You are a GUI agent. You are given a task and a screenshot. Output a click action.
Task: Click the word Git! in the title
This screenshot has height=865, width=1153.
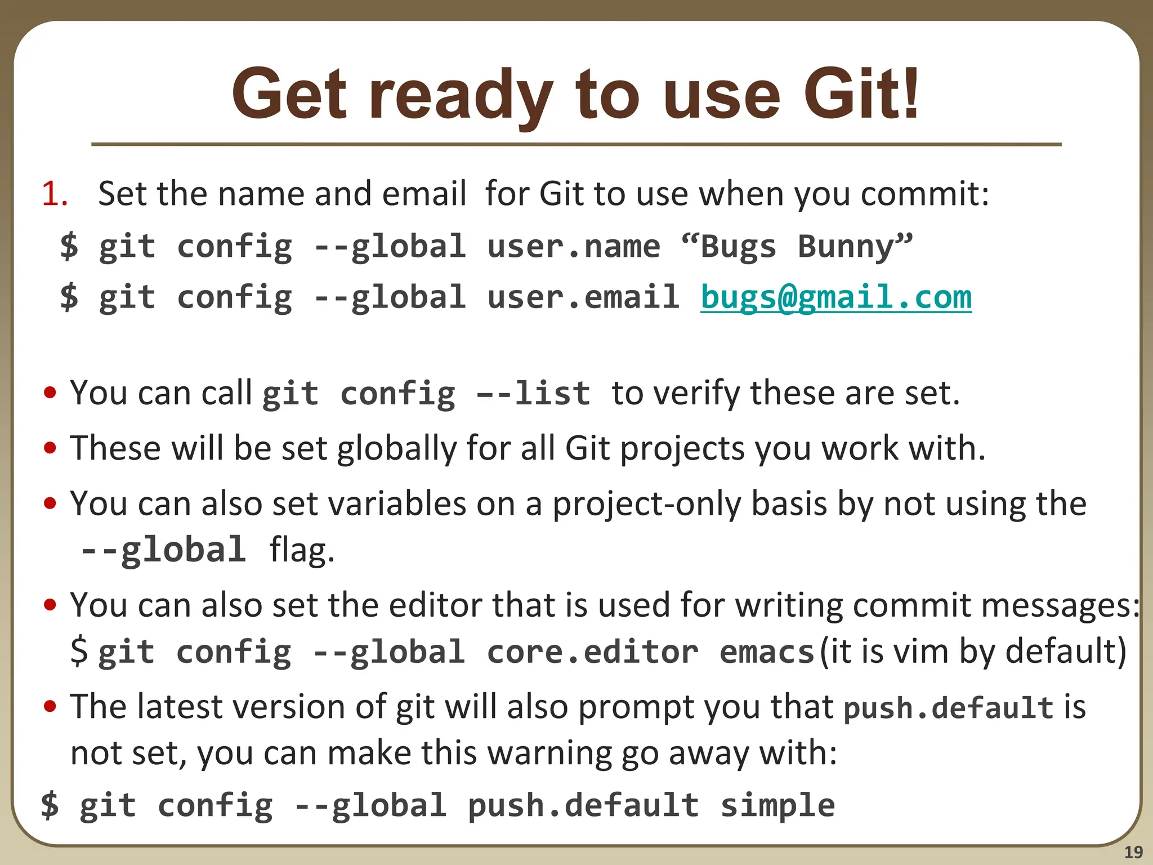coord(861,95)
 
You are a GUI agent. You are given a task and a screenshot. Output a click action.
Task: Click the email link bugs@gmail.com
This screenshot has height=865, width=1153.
coord(836,297)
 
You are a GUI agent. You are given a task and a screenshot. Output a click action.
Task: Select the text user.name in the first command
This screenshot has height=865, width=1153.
coord(573,247)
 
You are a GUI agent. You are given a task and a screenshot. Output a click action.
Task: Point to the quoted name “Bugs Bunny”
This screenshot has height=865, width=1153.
coord(797,247)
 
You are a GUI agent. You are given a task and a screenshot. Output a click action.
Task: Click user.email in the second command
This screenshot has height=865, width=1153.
coord(583,297)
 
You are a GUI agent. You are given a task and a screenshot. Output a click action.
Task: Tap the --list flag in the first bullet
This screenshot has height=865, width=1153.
coord(534,393)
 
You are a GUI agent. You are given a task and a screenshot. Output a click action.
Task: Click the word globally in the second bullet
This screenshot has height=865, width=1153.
coord(397,449)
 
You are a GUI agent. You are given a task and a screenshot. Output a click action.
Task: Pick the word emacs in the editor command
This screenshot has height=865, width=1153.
coord(767,652)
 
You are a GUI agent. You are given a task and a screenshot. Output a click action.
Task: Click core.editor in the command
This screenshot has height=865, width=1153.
coord(592,652)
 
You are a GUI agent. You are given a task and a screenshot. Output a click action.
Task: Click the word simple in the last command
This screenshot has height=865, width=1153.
coord(777,805)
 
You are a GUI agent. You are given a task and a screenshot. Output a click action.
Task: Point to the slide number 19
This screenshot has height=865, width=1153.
coord(1133,852)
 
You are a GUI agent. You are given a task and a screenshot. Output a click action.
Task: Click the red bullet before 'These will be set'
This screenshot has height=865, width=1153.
coord(50,448)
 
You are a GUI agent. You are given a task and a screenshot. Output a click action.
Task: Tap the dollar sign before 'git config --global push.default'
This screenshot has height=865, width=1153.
coord(50,805)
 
